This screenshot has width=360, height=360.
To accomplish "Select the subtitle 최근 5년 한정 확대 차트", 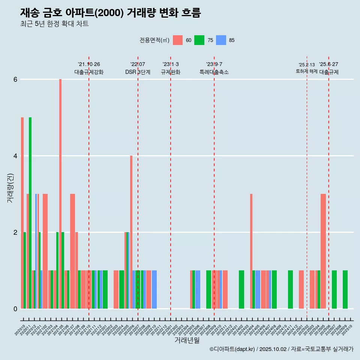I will point(54,24).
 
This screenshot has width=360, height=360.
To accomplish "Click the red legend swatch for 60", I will point(178,40).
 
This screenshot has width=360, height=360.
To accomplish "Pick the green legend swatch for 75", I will point(199,40).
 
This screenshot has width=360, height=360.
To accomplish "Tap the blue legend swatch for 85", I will point(221,40).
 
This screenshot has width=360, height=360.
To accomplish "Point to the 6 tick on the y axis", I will point(15,79).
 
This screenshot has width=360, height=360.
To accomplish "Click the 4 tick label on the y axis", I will point(15,156).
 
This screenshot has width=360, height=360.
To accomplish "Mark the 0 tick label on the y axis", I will point(15,309).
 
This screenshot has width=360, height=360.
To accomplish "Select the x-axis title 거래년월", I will point(187,340).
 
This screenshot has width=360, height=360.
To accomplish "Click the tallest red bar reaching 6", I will point(60,194).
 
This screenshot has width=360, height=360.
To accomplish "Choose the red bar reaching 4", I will point(131,232).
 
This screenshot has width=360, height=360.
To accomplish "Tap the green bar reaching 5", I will point(30,213).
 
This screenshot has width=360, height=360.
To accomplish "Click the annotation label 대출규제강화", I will point(89,72).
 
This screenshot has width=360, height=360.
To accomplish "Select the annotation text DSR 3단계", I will point(138,72).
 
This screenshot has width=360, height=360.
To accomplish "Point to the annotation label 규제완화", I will point(171,72).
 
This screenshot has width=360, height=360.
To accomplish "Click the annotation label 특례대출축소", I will point(214,72).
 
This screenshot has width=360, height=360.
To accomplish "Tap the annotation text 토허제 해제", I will point(307,71).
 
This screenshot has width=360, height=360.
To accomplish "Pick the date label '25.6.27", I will point(328,64).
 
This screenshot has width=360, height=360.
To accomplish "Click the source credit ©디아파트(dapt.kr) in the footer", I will point(232,349).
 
